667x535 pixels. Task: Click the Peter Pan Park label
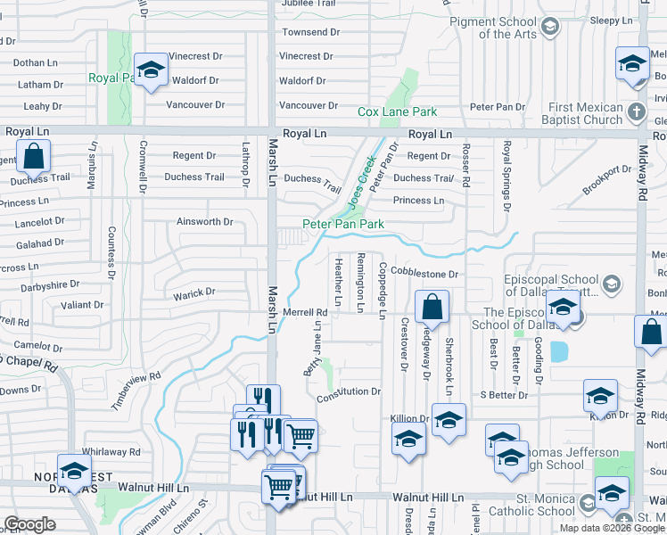[x=343, y=224]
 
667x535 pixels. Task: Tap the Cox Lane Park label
[x=397, y=111]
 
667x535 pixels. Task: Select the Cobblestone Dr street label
[x=424, y=275]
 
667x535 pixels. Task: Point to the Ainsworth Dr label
[x=204, y=221]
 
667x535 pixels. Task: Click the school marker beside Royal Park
[x=151, y=70]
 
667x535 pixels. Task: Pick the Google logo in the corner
[x=29, y=524]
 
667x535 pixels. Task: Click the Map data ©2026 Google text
[x=612, y=528]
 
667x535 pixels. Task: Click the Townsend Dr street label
[x=310, y=32]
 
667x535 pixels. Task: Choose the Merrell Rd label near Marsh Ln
[x=306, y=312]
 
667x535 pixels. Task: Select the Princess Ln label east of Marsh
[x=418, y=201]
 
